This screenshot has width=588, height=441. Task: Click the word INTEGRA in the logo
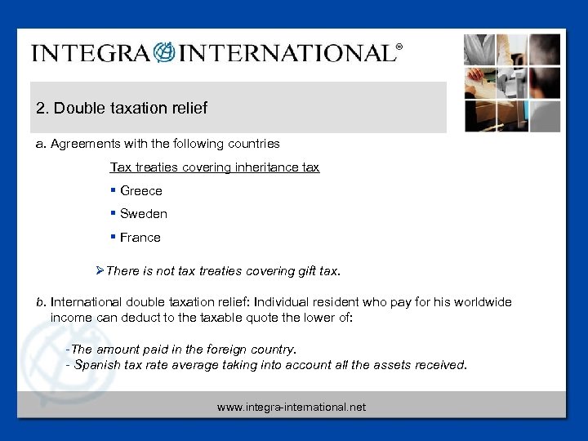[90, 54]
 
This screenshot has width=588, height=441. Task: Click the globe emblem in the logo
[164, 53]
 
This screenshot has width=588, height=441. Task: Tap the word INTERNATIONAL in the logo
[286, 54]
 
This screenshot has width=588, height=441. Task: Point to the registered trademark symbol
[399, 47]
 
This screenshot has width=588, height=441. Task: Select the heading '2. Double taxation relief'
[122, 108]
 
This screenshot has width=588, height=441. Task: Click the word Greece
[141, 191]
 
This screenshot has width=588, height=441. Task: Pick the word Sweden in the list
[144, 214]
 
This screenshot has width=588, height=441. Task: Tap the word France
[140, 238]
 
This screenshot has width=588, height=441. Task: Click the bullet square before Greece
[113, 191]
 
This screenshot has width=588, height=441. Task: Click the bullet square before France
[113, 238]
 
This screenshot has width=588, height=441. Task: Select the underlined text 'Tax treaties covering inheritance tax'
[215, 167]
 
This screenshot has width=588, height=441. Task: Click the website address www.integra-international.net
[292, 407]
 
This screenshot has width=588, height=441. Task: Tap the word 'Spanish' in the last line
[96, 365]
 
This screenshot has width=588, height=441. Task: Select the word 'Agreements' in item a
[82, 144]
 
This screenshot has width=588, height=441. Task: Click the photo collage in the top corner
[512, 82]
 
